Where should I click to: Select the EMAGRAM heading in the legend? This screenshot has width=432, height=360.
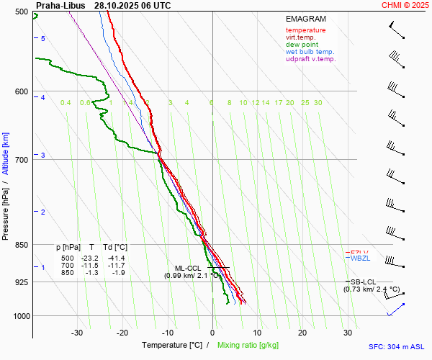point(305,19)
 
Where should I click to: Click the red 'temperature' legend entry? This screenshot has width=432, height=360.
point(305,30)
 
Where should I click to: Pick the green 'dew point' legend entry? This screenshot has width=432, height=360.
point(302,45)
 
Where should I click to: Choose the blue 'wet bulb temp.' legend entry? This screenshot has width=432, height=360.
point(310,52)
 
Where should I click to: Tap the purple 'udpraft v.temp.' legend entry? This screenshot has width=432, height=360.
point(310,59)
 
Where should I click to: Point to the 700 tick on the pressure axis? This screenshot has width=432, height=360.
point(22,159)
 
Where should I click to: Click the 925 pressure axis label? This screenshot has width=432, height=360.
point(22,282)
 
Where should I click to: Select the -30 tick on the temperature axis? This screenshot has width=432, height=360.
point(77,333)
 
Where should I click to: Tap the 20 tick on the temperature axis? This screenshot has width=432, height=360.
point(302,333)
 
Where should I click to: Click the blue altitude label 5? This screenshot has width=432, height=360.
point(43,38)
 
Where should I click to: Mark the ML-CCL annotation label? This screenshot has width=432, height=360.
point(189,268)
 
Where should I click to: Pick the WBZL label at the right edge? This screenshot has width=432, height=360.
point(359,258)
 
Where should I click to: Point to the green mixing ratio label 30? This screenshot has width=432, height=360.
point(318,103)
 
